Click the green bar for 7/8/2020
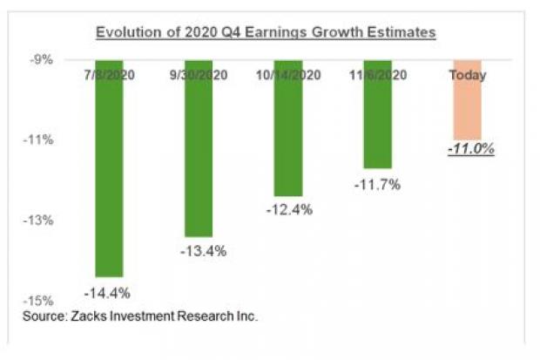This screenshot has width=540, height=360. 109,174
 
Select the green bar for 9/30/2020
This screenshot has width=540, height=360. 199,157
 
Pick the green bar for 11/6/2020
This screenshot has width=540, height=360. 377,122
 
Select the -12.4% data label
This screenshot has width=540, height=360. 288,210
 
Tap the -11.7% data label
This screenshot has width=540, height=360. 377,184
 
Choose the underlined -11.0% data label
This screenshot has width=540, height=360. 470,149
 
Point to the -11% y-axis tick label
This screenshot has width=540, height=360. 41,139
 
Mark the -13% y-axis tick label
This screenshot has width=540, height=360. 41,221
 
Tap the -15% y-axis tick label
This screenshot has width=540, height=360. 41,301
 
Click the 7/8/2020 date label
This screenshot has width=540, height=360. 110,75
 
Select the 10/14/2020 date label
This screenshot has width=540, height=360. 288,75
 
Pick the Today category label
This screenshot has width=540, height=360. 468,75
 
